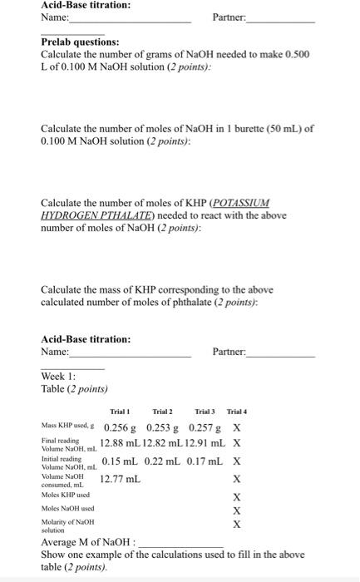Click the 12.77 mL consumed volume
(x=121, y=479)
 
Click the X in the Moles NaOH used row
(x=237, y=510)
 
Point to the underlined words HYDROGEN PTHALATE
(x=81, y=215)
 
